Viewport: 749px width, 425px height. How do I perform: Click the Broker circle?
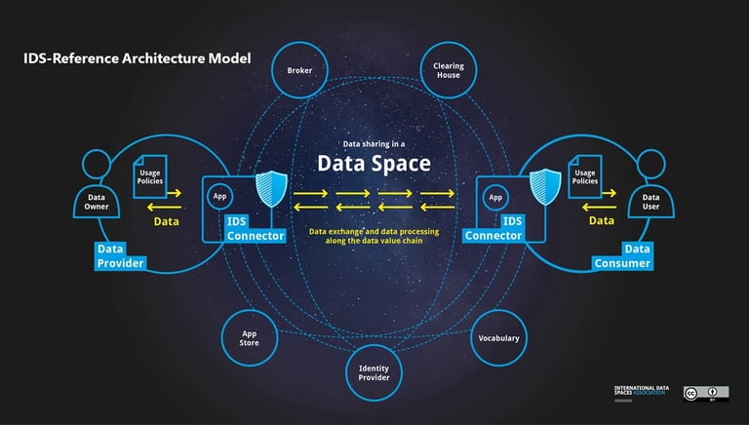click(299, 70)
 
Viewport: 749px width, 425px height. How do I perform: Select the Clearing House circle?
click(448, 70)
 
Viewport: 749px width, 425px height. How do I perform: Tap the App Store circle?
click(250, 337)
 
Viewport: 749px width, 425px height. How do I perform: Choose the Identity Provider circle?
click(374, 374)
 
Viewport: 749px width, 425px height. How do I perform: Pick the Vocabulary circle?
click(498, 338)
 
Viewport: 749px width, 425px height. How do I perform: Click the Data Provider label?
click(120, 256)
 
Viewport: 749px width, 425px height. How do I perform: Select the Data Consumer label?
click(623, 256)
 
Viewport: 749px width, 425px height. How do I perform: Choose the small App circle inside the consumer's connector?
click(495, 197)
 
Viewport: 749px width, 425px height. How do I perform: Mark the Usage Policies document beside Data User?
click(585, 175)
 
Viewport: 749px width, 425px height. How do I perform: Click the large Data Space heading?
click(374, 163)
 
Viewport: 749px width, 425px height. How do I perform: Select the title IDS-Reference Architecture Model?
click(138, 58)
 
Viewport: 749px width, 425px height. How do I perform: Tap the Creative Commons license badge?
click(706, 393)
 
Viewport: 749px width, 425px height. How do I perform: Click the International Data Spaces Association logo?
click(639, 393)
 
